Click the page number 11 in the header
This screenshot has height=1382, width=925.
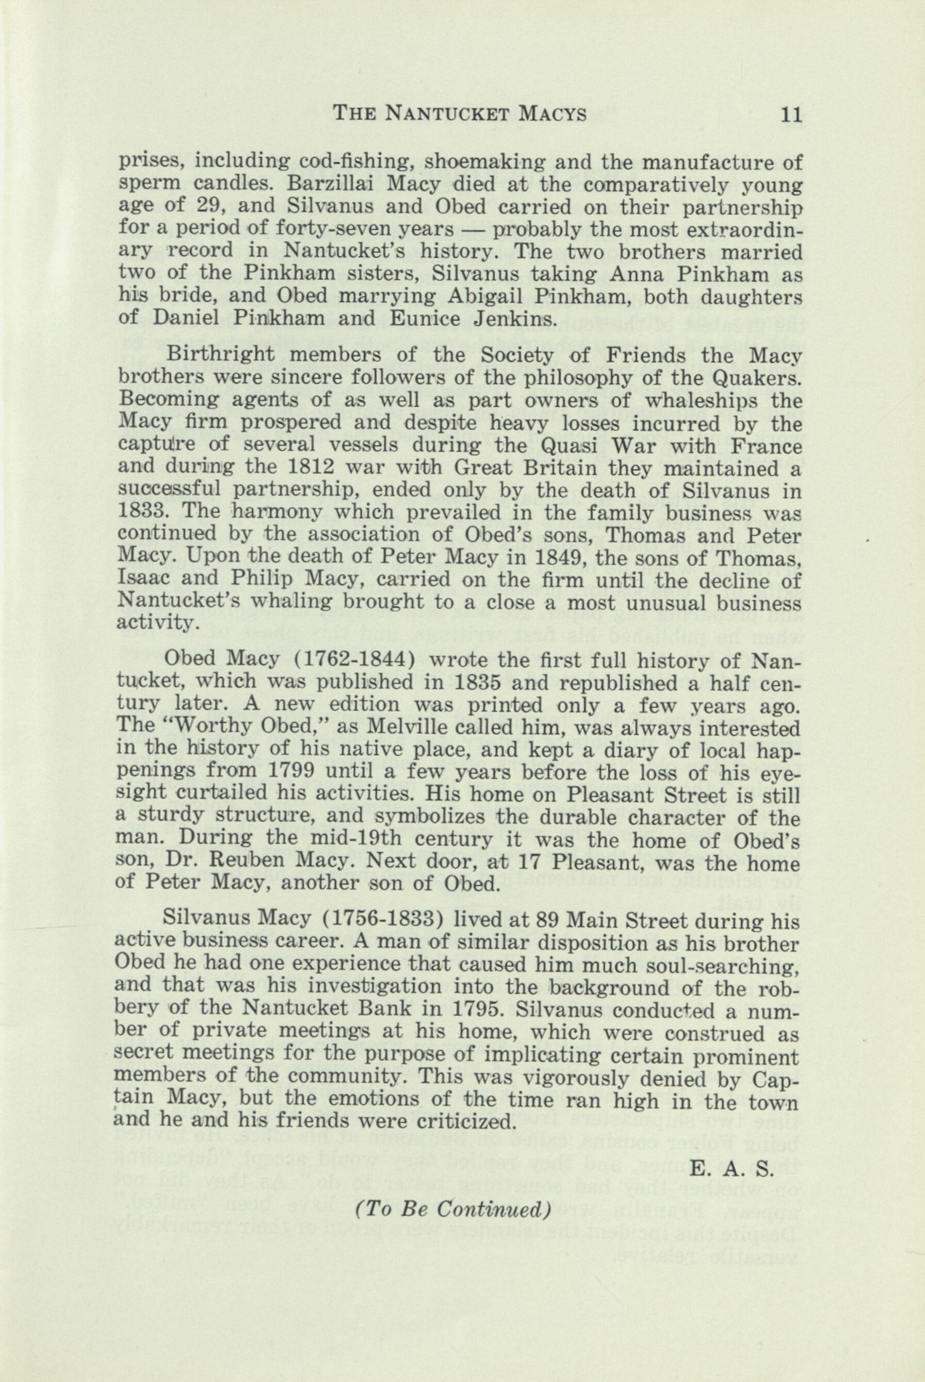[x=790, y=112]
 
